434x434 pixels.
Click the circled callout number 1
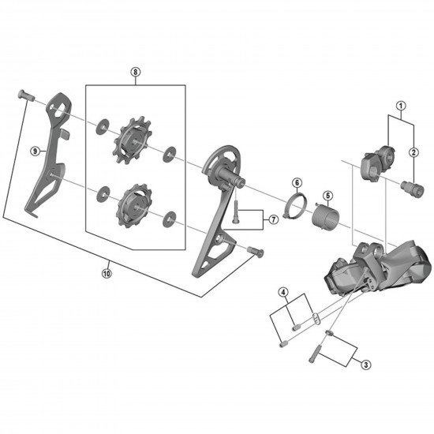401,105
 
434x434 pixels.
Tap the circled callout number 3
365,364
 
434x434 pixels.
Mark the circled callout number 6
297,182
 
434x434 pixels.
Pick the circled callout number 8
136,72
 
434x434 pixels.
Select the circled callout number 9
35,151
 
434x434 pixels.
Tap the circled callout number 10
107,274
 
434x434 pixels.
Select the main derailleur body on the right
375,268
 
